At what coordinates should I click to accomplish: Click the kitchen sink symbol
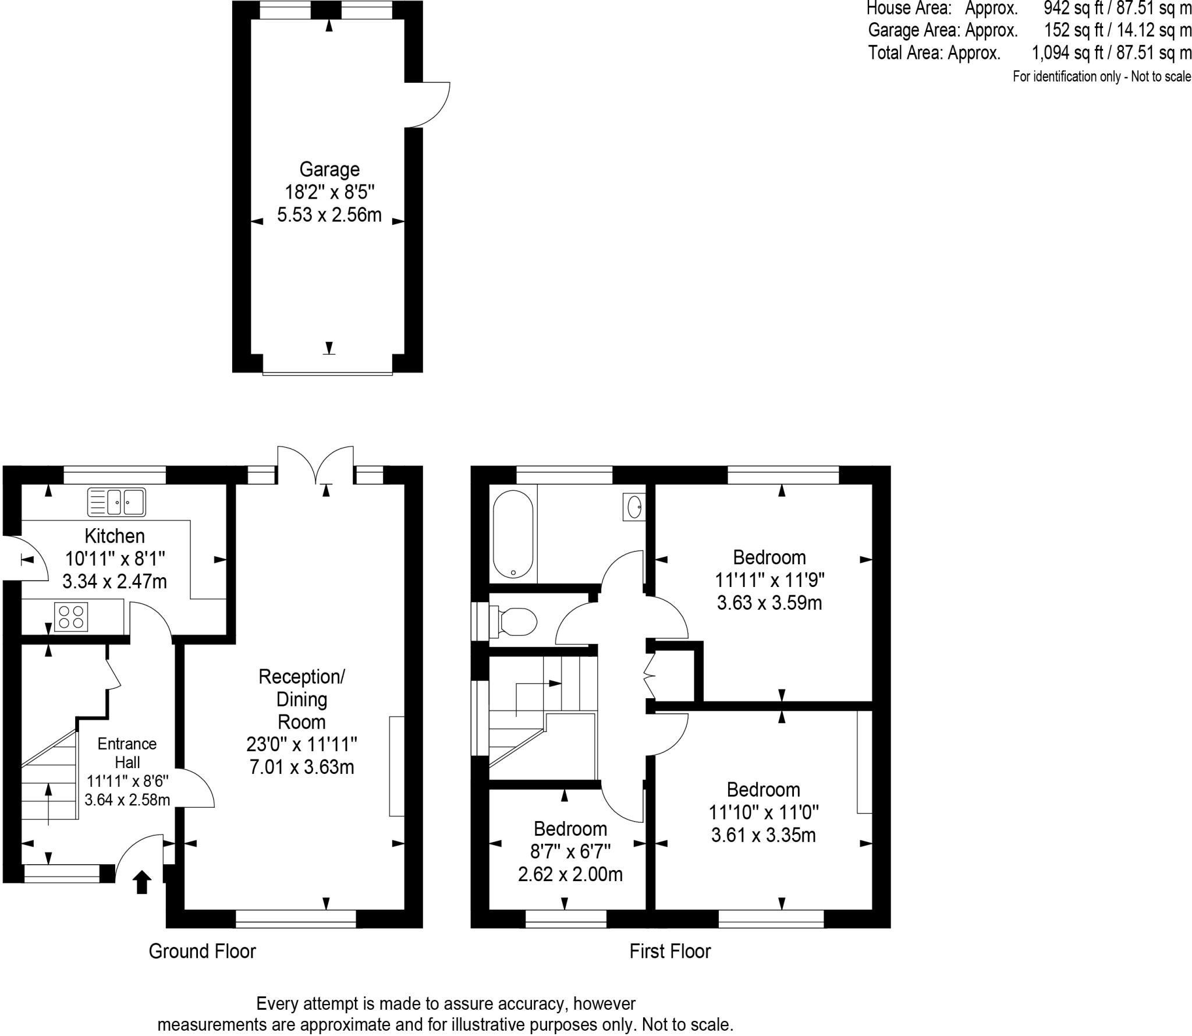tap(116, 503)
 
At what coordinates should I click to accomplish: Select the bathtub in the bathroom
tap(513, 534)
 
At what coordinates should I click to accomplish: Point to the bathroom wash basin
tap(634, 507)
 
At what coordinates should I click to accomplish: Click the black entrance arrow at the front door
tap(143, 882)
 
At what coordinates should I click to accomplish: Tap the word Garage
tap(329, 169)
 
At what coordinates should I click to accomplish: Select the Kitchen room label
tap(115, 536)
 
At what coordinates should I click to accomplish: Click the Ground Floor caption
tap(202, 951)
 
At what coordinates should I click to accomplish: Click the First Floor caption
tap(670, 952)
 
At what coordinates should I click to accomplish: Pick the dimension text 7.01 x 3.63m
tap(301, 767)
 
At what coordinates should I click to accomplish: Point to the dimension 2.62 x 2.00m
tap(570, 874)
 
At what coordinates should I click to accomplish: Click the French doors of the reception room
tap(315, 464)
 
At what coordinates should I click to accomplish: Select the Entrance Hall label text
tap(127, 753)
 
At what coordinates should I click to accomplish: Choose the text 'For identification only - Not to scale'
tap(1102, 76)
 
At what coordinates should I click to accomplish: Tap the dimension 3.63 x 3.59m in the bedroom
tap(769, 603)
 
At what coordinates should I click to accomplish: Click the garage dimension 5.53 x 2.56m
tap(329, 215)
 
